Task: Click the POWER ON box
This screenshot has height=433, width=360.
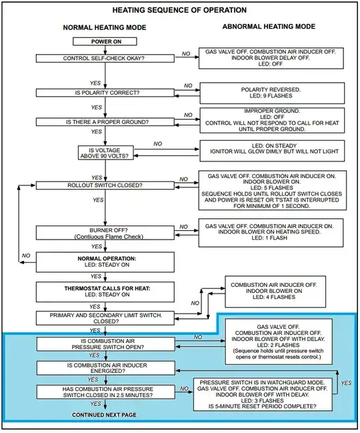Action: click(105, 41)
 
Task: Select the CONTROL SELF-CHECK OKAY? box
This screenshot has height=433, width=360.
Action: click(105, 58)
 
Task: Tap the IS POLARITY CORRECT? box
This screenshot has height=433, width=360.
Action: click(105, 93)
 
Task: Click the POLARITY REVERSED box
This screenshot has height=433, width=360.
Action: click(272, 93)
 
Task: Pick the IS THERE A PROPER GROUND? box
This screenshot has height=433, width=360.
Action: click(105, 122)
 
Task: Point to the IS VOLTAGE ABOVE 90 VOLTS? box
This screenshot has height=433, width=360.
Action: click(105, 153)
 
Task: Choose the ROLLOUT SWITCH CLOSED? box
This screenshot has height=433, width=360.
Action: click(105, 185)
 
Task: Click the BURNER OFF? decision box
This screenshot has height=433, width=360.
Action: click(105, 233)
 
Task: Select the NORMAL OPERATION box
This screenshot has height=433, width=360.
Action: click(105, 262)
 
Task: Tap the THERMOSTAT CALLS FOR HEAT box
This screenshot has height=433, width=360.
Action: click(105, 292)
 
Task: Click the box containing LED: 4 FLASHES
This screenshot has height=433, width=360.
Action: click(275, 292)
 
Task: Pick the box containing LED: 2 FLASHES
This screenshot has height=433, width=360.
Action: click(279, 342)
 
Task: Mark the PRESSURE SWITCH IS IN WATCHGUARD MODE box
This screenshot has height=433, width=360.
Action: click(263, 394)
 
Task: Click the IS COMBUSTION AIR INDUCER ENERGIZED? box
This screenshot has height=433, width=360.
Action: click(105, 368)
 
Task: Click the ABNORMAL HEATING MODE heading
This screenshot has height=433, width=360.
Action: click(269, 27)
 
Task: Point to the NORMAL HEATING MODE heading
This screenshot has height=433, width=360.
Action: click(105, 27)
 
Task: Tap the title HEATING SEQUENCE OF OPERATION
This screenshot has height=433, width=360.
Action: click(179, 10)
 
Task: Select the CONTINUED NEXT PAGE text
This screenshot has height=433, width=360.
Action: click(104, 415)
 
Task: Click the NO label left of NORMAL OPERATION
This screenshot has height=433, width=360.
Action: click(26, 256)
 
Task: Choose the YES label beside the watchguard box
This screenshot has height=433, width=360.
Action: click(346, 383)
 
